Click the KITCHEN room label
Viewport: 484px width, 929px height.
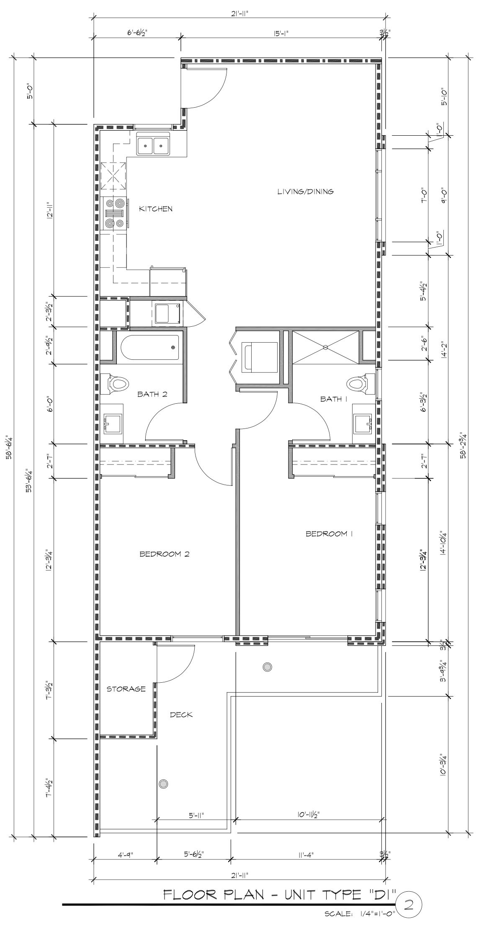click(156, 209)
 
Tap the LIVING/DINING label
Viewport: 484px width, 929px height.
click(306, 191)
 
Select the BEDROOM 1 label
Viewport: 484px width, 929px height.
click(330, 534)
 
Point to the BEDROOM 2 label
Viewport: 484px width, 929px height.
click(165, 554)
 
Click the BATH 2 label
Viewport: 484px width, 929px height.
click(152, 394)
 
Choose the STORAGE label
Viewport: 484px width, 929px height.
click(126, 689)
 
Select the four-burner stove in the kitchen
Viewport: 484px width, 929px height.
click(113, 213)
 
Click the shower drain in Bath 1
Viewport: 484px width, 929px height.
click(325, 347)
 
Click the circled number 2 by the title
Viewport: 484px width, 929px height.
click(406, 906)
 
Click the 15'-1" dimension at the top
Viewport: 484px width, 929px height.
click(281, 33)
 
